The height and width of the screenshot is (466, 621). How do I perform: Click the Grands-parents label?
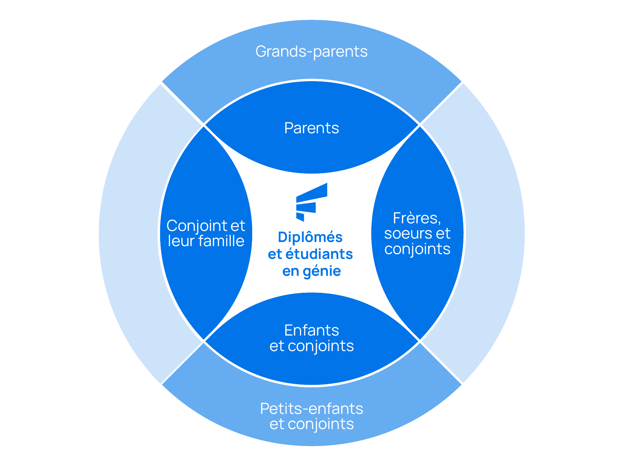tap(311, 52)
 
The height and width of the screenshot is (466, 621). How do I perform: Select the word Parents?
tap(311, 128)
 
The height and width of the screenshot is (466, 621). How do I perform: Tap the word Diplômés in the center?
tap(310, 237)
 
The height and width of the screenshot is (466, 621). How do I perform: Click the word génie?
tap(322, 271)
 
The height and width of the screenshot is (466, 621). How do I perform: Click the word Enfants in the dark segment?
tap(311, 330)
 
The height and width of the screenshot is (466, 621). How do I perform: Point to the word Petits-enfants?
tap(311, 409)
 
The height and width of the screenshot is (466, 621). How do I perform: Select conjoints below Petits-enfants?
tap(321, 424)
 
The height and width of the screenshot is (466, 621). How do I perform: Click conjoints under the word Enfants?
tap(321, 346)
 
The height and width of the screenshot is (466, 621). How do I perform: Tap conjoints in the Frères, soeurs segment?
tap(417, 249)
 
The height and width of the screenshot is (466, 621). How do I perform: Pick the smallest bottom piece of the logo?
tap(300, 216)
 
